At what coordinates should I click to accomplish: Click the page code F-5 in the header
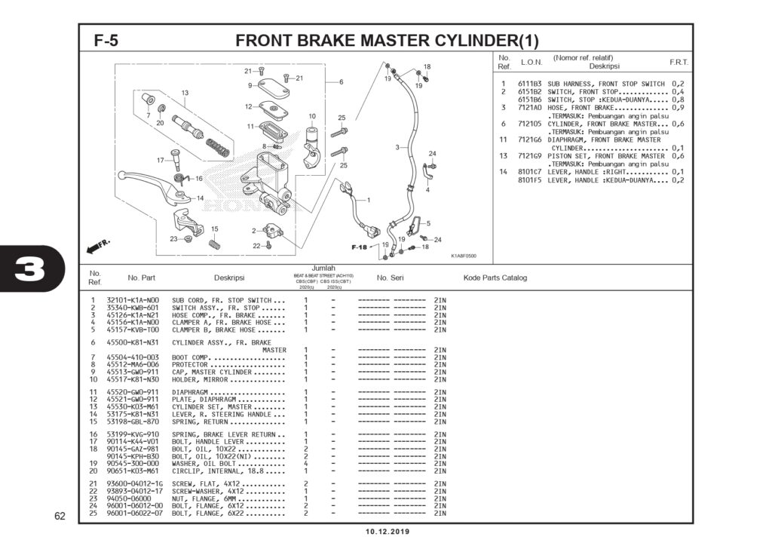(106, 41)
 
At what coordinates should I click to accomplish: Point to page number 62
(60, 517)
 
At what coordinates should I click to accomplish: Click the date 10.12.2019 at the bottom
(388, 532)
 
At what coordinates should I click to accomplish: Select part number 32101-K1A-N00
(133, 300)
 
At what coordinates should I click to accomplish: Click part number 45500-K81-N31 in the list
(133, 342)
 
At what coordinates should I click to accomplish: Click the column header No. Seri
(391, 278)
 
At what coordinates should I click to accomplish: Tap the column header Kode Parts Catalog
(495, 278)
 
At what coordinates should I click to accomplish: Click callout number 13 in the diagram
(184, 93)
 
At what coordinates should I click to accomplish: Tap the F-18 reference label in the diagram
(359, 247)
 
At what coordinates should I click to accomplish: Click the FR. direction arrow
(98, 246)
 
